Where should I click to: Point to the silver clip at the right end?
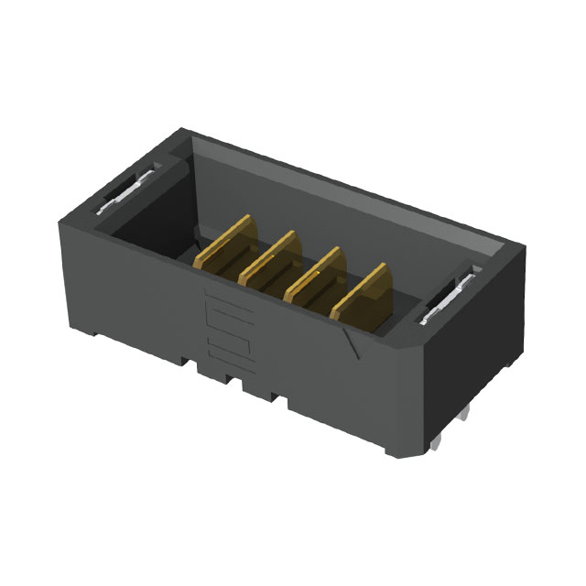click(448, 301)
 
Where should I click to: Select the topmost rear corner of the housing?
click(183, 130)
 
